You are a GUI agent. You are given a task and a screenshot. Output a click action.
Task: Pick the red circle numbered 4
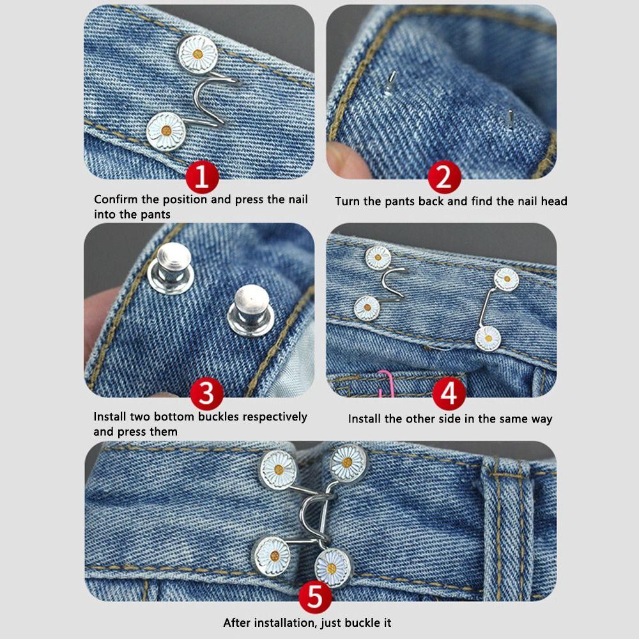(x=449, y=394)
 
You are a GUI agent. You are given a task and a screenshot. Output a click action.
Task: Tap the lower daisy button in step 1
(x=166, y=130)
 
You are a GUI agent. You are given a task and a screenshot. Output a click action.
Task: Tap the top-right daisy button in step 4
(x=506, y=279)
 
